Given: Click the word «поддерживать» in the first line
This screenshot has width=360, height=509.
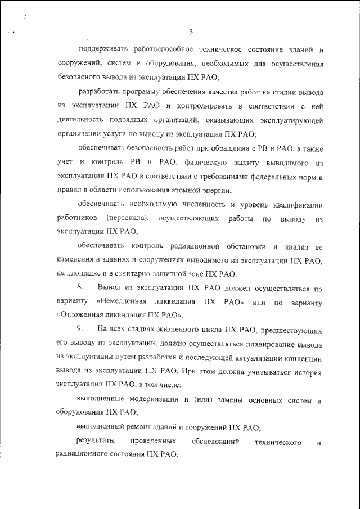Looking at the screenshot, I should pyautogui.click(x=101, y=51).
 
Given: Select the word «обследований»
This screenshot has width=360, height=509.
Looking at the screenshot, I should pyautogui.click(x=214, y=442).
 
